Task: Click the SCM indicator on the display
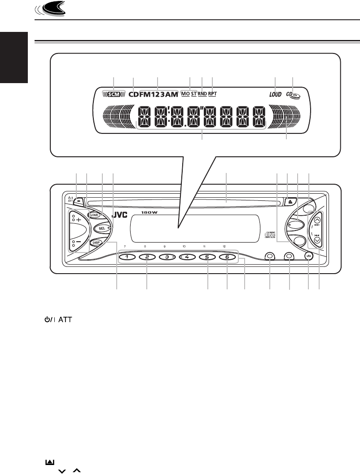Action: [x=114, y=95]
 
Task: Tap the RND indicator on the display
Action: [x=202, y=94]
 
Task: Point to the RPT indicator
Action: [x=212, y=94]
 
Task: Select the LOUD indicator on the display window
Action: [x=275, y=95]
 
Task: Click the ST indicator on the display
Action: [x=193, y=94]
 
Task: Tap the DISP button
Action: [x=95, y=243]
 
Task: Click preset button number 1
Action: [x=127, y=257]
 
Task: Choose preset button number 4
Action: [x=188, y=257]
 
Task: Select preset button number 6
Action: [x=227, y=257]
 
